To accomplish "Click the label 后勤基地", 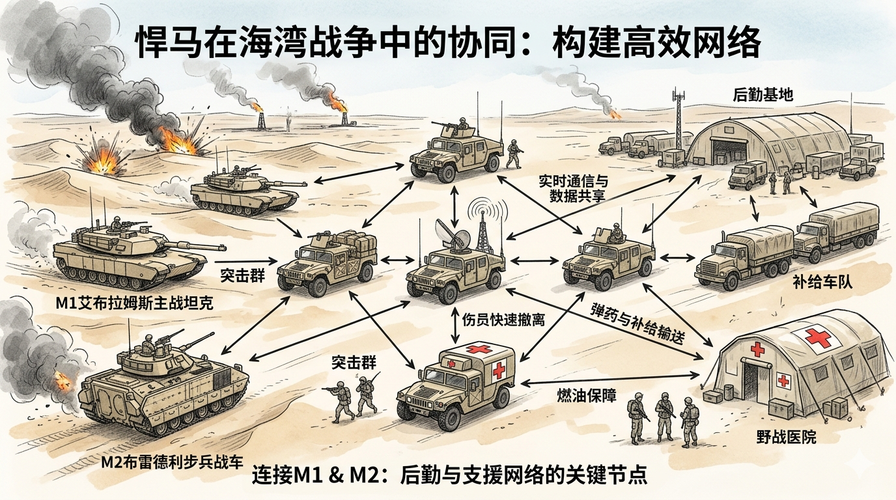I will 763,95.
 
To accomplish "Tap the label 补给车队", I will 822,283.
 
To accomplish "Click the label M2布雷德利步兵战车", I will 173,463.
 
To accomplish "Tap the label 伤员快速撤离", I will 503,320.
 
